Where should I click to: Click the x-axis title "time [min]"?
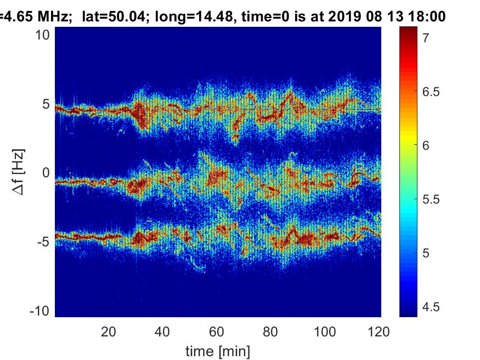pyautogui.click(x=217, y=350)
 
